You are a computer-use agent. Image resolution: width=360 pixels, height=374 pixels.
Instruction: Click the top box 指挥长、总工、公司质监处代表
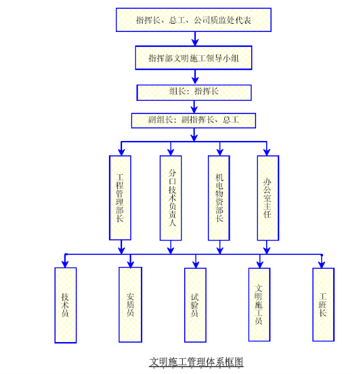(193, 20)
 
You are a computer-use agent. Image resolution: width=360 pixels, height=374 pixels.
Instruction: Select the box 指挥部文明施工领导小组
(193, 58)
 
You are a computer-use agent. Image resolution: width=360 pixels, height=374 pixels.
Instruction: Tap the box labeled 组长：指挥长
(194, 93)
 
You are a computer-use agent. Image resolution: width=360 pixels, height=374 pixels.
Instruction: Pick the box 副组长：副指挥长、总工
(193, 120)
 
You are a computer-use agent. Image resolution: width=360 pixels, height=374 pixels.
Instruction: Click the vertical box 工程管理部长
(120, 198)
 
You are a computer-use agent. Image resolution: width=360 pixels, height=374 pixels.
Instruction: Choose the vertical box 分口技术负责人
(171, 198)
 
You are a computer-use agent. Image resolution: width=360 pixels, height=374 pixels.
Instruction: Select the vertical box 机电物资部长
(219, 198)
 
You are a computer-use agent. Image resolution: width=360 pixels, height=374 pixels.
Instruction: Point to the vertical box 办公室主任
(268, 198)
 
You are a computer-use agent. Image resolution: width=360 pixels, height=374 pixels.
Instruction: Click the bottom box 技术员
(66, 305)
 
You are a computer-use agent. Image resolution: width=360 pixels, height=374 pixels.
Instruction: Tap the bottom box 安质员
(130, 305)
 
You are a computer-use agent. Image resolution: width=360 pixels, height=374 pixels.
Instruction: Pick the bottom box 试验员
(195, 305)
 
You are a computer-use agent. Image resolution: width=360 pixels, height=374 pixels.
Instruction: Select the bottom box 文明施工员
(259, 304)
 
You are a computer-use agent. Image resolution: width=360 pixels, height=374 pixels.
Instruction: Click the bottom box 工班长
(324, 304)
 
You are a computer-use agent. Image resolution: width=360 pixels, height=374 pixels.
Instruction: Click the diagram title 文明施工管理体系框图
(196, 362)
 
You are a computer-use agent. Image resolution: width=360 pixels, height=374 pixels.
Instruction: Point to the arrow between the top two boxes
(195, 39)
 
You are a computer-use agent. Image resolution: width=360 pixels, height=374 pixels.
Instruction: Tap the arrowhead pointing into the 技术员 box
(65, 264)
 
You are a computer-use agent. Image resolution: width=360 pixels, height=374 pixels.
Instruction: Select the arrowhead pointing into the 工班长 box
(322, 264)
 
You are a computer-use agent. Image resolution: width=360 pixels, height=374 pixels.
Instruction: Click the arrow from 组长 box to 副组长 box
(194, 107)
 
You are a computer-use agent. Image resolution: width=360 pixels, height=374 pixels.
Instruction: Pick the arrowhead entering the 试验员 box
(196, 264)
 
